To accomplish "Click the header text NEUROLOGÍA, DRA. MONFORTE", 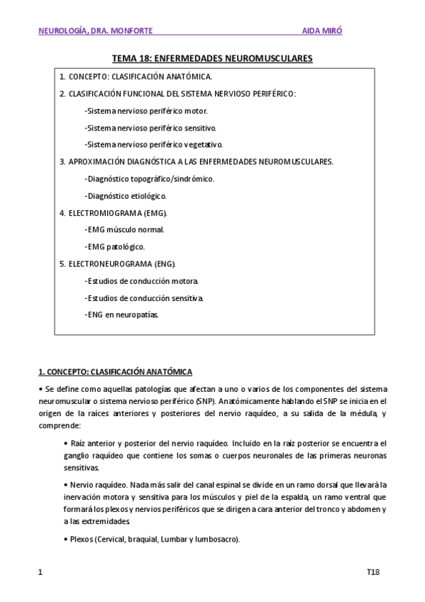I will [x=94, y=31].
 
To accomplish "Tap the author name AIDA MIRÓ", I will [x=326, y=31].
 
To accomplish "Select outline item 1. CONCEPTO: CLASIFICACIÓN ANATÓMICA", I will [x=136, y=76].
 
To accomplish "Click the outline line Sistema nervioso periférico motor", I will [x=145, y=111].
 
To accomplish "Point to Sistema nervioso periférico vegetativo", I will [x=153, y=145].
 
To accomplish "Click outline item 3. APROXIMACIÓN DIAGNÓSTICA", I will [x=196, y=162].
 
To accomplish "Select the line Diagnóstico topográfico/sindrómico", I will [x=149, y=179].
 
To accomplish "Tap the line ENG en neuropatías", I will [x=121, y=314].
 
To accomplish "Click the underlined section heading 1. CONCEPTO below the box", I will [x=115, y=372].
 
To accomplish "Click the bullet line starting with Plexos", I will [x=152, y=539].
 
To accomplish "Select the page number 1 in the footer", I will [x=40, y=572].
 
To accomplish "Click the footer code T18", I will [x=373, y=572].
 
